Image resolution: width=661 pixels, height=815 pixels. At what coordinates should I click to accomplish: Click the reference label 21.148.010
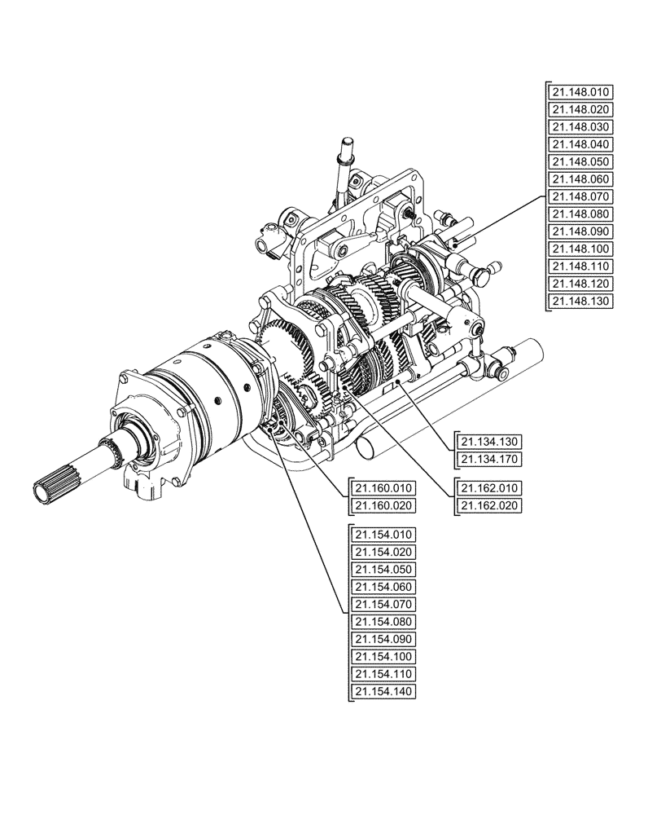580,91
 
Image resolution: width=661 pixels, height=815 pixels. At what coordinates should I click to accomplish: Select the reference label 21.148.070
580,196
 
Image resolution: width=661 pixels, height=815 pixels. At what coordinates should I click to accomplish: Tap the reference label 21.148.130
580,302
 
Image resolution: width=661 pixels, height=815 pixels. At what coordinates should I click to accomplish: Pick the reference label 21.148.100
580,249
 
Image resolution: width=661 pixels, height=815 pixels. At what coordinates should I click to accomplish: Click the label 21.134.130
488,441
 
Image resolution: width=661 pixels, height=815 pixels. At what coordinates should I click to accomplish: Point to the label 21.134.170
488,459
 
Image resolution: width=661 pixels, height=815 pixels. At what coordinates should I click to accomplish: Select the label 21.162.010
488,487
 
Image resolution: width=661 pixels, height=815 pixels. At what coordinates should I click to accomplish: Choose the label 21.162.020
488,505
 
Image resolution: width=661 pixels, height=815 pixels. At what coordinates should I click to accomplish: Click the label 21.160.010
384,488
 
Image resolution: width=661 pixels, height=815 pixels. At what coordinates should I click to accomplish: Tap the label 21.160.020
384,506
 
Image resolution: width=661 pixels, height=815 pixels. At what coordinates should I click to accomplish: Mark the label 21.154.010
384,535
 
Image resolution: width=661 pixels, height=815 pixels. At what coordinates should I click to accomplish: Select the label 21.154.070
384,605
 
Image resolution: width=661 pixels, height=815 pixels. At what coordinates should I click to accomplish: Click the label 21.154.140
384,692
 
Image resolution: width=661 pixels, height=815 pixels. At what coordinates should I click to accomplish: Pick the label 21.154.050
384,570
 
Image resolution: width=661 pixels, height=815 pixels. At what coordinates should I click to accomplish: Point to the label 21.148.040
580,144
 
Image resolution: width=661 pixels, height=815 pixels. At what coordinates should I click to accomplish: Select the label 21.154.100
384,657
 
